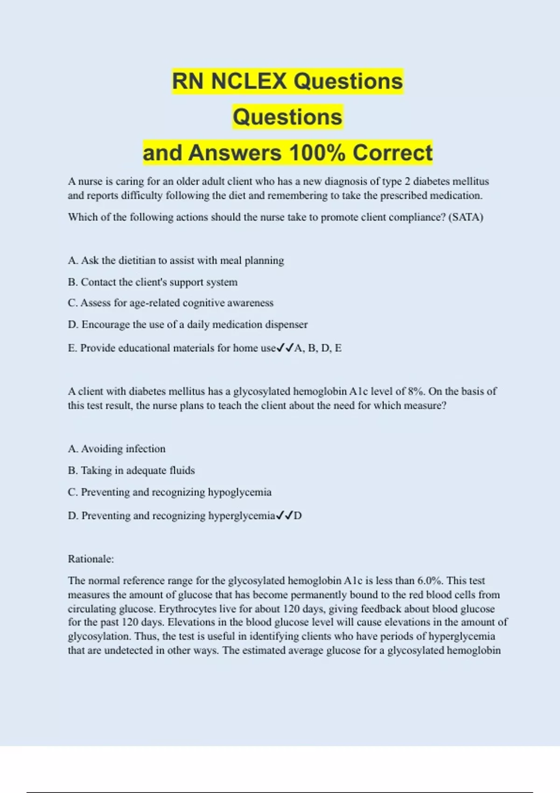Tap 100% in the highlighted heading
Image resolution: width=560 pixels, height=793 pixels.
coord(317,153)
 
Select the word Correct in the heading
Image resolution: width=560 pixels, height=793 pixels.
coord(392,153)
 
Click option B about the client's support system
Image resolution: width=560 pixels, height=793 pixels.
coord(153,282)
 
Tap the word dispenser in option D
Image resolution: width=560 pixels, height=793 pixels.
coord(286,324)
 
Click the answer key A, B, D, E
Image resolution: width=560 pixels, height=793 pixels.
coord(318,348)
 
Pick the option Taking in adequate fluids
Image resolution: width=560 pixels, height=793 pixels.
coord(131,470)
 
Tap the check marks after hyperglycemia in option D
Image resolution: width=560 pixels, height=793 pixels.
coord(284,515)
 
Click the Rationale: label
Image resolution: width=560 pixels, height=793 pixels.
coord(91,559)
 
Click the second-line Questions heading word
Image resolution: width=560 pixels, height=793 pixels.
coord(287,117)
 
